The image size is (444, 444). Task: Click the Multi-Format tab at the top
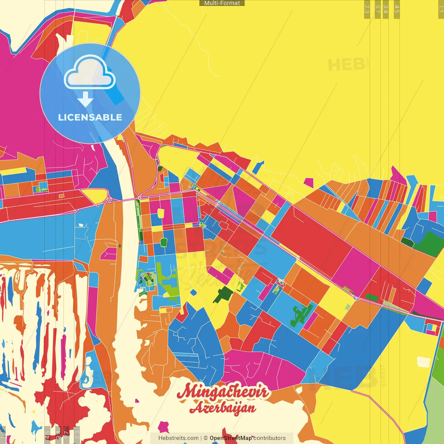click(222, 3)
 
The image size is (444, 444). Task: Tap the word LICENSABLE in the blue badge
click(90, 118)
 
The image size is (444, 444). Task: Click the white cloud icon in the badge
click(89, 74)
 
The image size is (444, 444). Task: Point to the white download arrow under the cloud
click(85, 100)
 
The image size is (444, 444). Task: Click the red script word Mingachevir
click(223, 392)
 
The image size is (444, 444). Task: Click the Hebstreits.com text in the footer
click(178, 438)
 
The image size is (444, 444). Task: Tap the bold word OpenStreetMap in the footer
click(231, 438)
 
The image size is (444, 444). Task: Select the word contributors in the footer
click(270, 438)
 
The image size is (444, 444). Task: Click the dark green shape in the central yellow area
click(223, 294)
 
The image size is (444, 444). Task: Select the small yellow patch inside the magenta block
click(161, 213)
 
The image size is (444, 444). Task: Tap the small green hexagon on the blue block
click(164, 242)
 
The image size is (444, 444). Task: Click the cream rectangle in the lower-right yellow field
click(423, 362)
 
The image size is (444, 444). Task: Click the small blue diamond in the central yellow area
click(194, 292)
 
